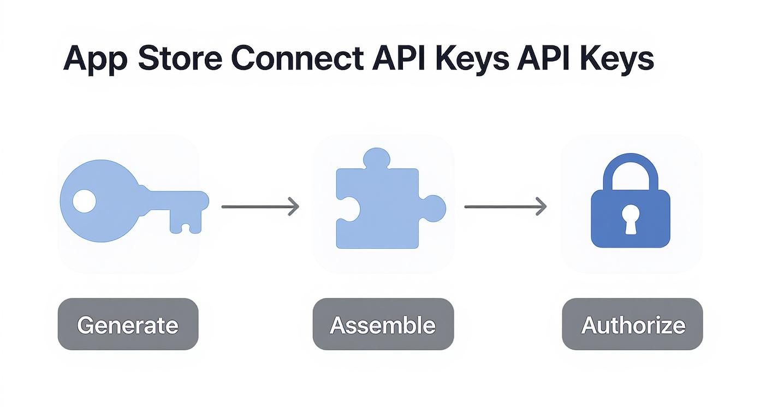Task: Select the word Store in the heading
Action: coord(180,58)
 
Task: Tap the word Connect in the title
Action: coord(297,58)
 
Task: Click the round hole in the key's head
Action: coord(84,201)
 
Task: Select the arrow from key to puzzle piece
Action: coord(260,207)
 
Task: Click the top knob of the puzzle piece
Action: coord(377,158)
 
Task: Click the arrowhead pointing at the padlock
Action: coord(541,207)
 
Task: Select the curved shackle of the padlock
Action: coord(630,167)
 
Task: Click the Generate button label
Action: coord(128,325)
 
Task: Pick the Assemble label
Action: coord(383,325)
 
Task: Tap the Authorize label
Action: coord(633,325)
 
